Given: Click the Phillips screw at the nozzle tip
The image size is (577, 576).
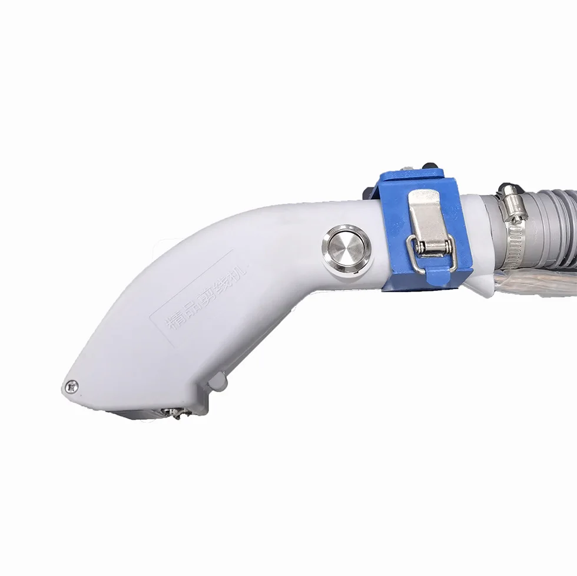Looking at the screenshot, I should click(72, 386).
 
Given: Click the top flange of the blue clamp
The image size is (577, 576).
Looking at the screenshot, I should click(412, 176).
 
